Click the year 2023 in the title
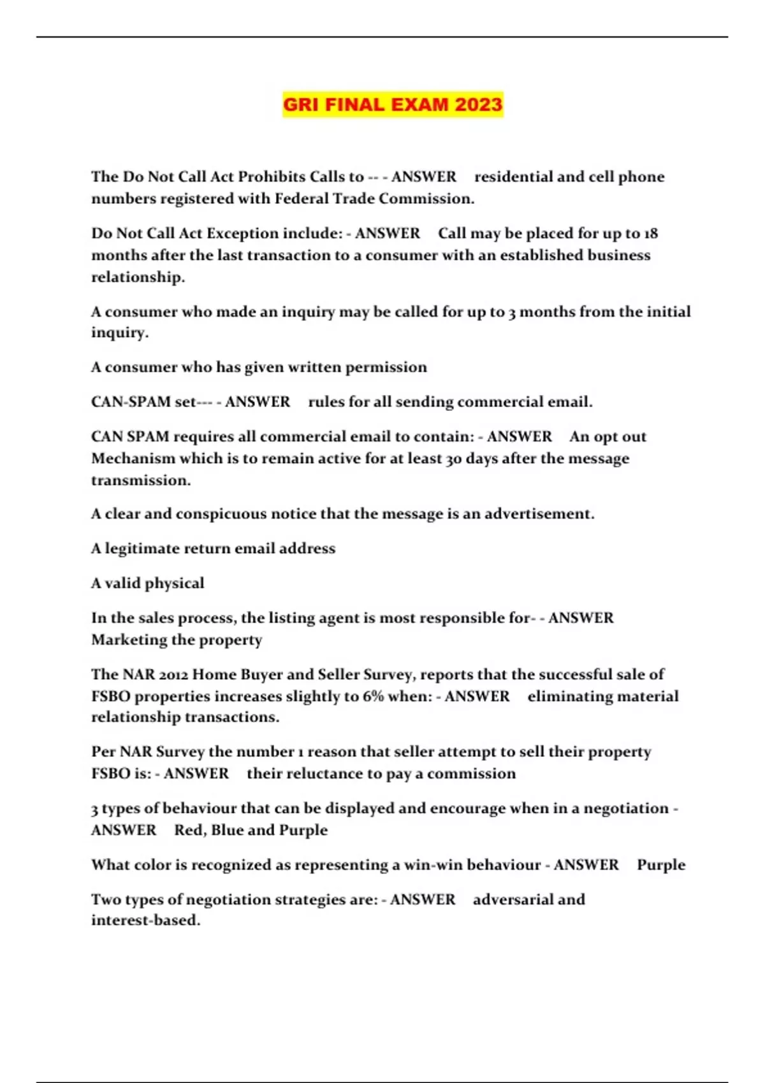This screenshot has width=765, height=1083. [479, 104]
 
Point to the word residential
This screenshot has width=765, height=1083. [513, 176]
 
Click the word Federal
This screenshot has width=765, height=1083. [302, 199]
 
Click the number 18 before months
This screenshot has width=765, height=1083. [650, 233]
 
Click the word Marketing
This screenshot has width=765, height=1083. [131, 640]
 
